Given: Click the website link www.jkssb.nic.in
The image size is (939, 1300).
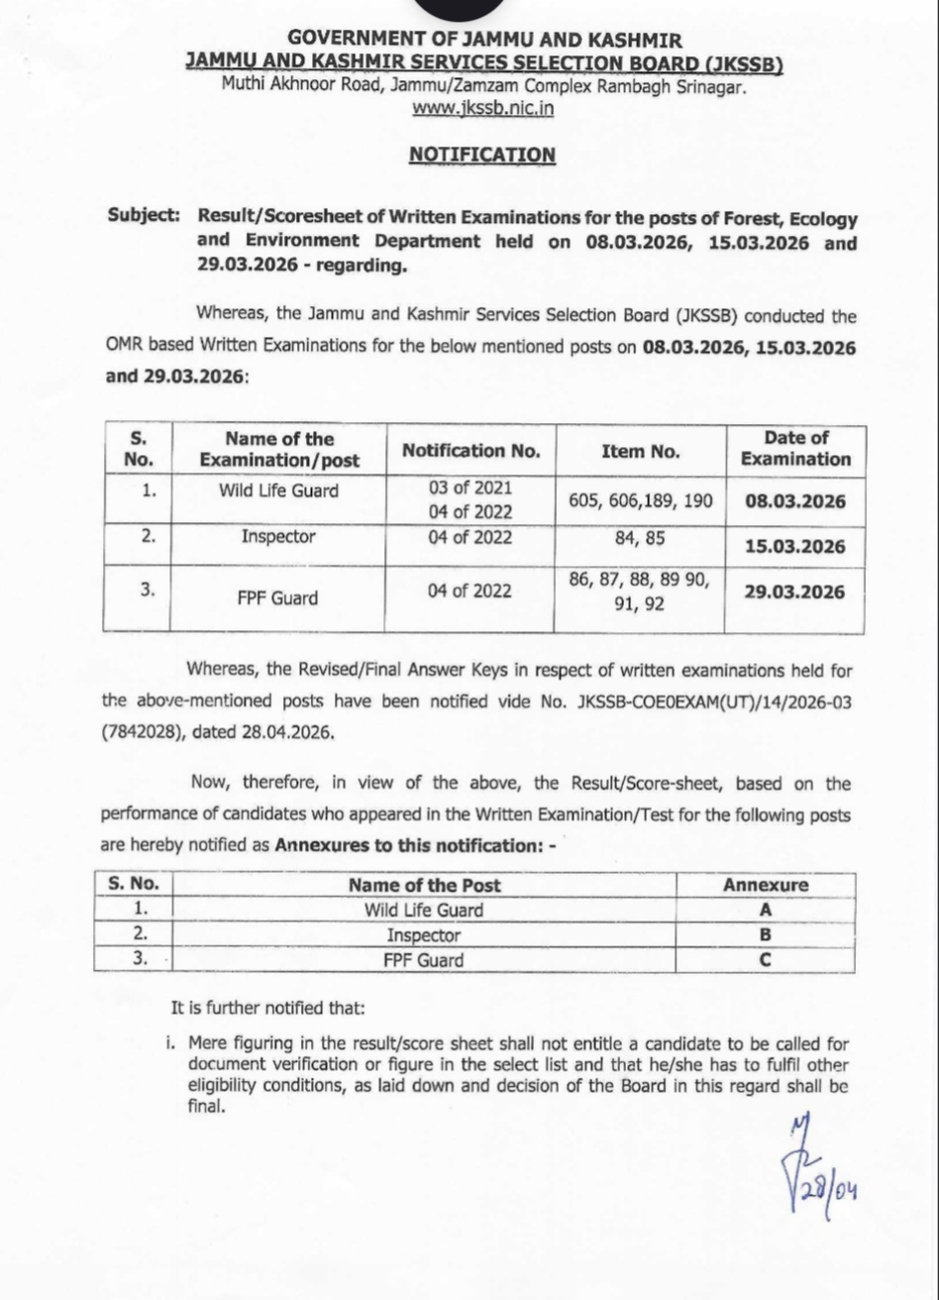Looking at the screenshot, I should [482, 109].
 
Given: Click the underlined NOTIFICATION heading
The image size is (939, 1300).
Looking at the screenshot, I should [482, 155].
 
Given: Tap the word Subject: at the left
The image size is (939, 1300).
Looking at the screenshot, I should [145, 216].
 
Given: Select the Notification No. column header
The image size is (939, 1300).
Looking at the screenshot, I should [470, 451].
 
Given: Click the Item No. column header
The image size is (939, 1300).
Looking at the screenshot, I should [640, 451].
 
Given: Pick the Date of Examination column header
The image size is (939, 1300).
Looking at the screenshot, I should [795, 449].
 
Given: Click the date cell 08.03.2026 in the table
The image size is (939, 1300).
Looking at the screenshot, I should [795, 501].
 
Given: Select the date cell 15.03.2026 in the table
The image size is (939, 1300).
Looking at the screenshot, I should [795, 547].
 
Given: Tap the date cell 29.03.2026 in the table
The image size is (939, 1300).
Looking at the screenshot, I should [795, 593].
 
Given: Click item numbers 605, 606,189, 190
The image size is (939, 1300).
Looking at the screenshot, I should [640, 501].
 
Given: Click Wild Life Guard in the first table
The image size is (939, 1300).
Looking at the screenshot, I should [278, 489].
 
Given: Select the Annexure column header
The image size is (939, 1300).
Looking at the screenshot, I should [765, 885].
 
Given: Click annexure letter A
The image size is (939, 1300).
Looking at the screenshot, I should [765, 910].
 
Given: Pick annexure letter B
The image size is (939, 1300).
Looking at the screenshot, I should [765, 934].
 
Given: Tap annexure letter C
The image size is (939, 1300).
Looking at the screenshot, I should [765, 959].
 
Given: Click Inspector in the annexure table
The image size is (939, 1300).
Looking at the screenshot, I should [423, 934].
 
